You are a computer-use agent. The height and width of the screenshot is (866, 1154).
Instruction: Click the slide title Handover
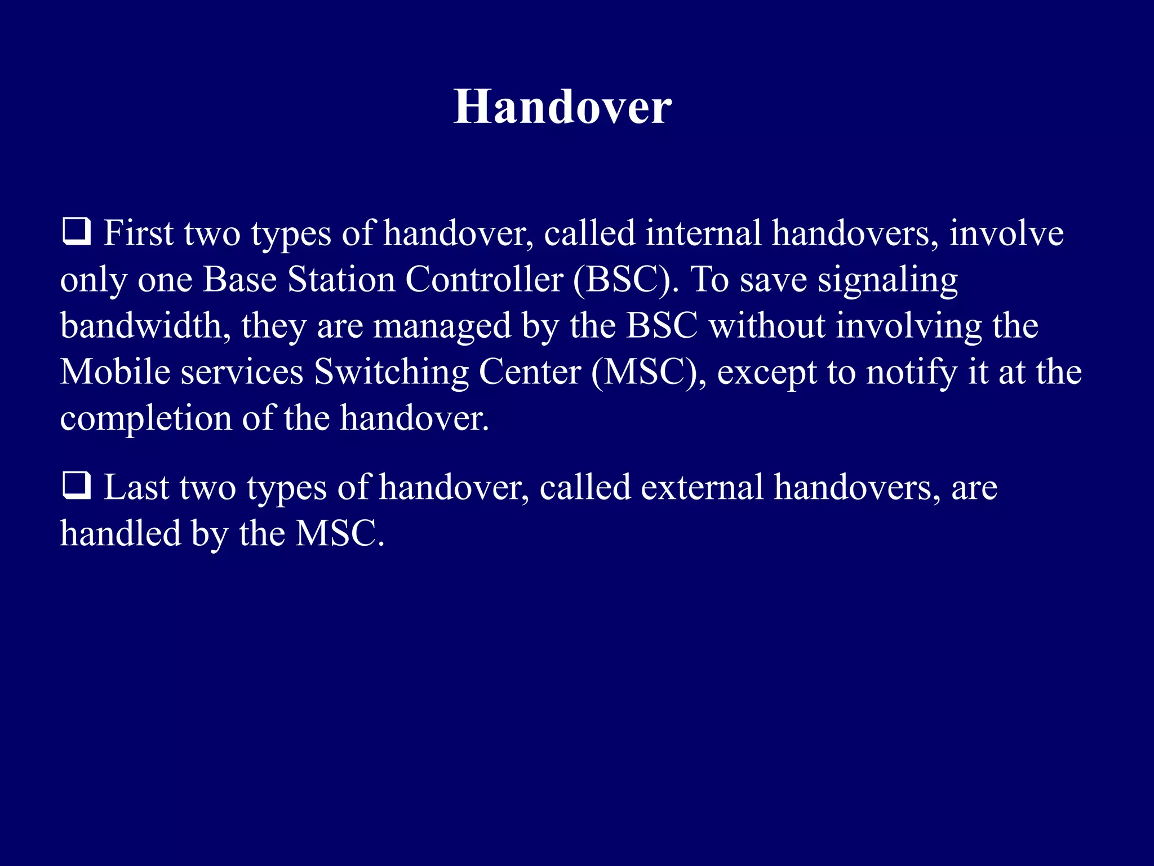562,107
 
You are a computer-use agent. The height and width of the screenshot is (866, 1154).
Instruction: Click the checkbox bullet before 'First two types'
76,232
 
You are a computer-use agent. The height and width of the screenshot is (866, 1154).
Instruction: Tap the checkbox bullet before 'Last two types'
76,486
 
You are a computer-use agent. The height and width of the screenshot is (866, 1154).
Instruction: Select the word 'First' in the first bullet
138,233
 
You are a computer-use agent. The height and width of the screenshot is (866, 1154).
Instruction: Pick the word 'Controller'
485,280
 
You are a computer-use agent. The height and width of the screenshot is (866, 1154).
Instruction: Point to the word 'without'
767,326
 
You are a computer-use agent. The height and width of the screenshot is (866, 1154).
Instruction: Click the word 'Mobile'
115,372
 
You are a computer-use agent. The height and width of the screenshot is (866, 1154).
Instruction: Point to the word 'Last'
136,487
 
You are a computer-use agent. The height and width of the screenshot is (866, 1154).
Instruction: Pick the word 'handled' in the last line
121,533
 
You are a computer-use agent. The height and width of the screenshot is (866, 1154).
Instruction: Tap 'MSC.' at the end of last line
340,533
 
